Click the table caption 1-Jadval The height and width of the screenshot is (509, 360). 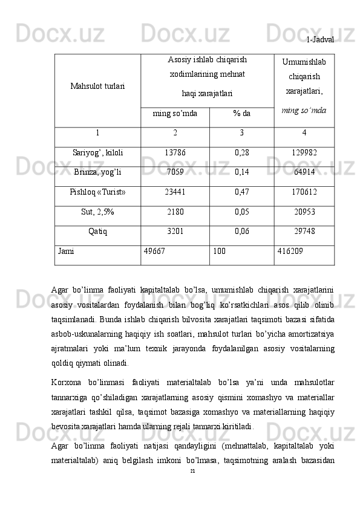[x=320, y=39]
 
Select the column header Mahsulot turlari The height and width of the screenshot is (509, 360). [x=97, y=86]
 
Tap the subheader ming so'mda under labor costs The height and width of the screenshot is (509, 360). [x=175, y=114]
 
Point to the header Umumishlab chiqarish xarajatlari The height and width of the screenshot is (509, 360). [x=304, y=77]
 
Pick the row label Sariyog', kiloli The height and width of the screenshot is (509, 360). [x=97, y=153]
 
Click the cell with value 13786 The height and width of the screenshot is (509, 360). [x=175, y=153]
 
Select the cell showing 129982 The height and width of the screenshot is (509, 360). [x=304, y=153]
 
